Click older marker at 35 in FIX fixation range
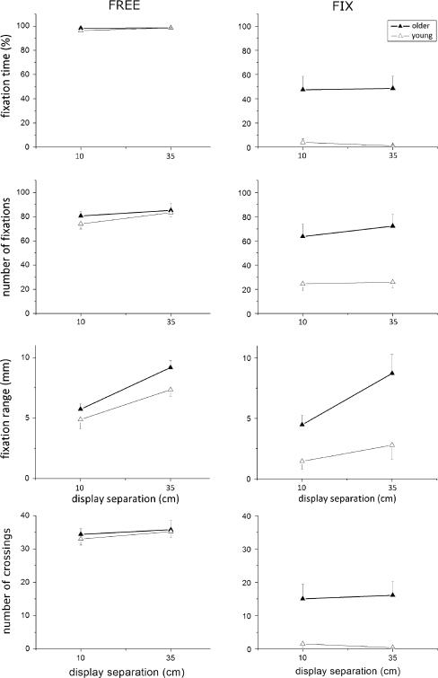tap(392, 373)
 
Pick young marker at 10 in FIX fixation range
tap(302, 462)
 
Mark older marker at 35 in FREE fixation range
tap(171, 366)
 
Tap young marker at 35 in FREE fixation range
tap(171, 390)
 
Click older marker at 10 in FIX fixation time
tap(302, 89)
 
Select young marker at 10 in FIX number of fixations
tap(302, 284)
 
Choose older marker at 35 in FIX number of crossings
tap(392, 594)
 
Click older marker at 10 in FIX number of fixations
tap(302, 236)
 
